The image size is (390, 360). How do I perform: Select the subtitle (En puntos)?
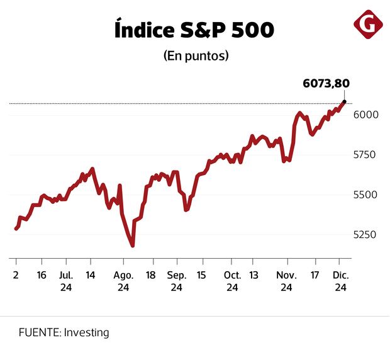tap(195, 55)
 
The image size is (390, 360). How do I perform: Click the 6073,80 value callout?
tap(326, 83)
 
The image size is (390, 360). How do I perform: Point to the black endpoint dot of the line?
tap(344, 101)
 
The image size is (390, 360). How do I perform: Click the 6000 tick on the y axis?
tap(365, 115)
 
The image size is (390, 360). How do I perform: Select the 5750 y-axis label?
tap(365, 154)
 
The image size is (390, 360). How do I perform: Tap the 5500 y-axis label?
tap(365, 194)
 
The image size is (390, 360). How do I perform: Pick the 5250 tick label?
tap(365, 235)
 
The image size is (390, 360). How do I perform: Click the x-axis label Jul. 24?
tap(66, 281)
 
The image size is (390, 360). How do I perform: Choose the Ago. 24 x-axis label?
tap(123, 281)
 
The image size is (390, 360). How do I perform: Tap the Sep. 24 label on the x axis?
tap(177, 281)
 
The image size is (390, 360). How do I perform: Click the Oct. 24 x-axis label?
tap(232, 281)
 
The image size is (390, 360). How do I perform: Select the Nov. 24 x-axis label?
tap(286, 281)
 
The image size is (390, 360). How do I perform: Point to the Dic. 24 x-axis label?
tap(340, 281)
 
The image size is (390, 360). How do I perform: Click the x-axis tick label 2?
tap(15, 275)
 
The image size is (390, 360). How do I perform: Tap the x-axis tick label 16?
tap(42, 275)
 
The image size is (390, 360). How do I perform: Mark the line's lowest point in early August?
tap(133, 245)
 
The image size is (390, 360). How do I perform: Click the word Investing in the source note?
tap(86, 332)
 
